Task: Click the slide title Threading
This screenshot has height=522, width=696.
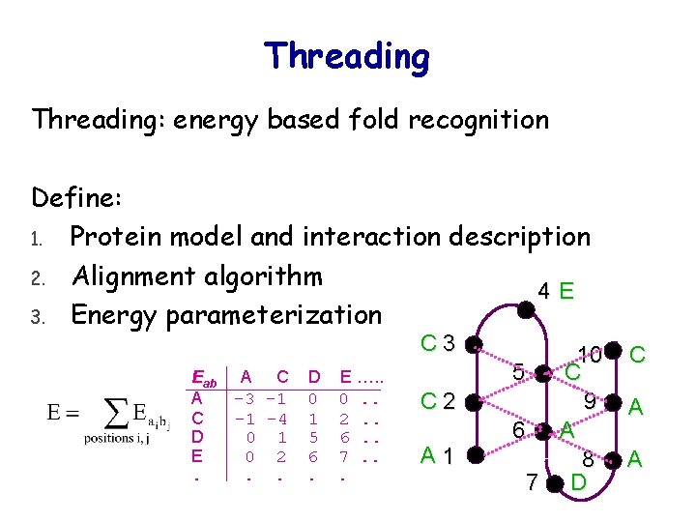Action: (x=347, y=56)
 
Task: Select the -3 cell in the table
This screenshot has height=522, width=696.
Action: (x=246, y=398)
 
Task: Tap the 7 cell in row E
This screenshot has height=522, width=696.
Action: (x=344, y=456)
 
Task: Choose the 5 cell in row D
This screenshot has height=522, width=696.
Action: (x=313, y=438)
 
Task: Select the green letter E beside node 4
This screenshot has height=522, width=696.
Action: (x=567, y=290)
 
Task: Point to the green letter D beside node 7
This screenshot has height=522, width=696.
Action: (x=578, y=481)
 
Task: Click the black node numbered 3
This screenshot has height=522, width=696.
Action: (x=472, y=343)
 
